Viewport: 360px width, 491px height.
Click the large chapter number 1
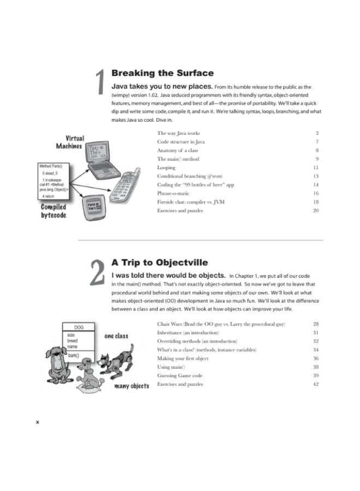tap(100, 83)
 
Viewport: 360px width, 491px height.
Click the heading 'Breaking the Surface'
tap(162, 73)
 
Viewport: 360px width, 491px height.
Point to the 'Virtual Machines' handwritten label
tap(70, 142)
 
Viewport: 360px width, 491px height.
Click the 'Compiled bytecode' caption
tap(53, 211)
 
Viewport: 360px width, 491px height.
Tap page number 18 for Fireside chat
tap(315, 202)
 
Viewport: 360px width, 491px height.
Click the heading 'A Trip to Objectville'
tap(159, 262)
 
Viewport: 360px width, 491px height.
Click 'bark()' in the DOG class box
tap(74, 355)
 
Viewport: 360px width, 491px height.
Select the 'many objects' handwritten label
tap(131, 386)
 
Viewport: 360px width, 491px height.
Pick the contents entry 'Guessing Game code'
tap(179, 376)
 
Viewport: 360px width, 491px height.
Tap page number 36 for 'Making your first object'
tap(315, 358)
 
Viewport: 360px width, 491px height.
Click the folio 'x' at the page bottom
tap(37, 422)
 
